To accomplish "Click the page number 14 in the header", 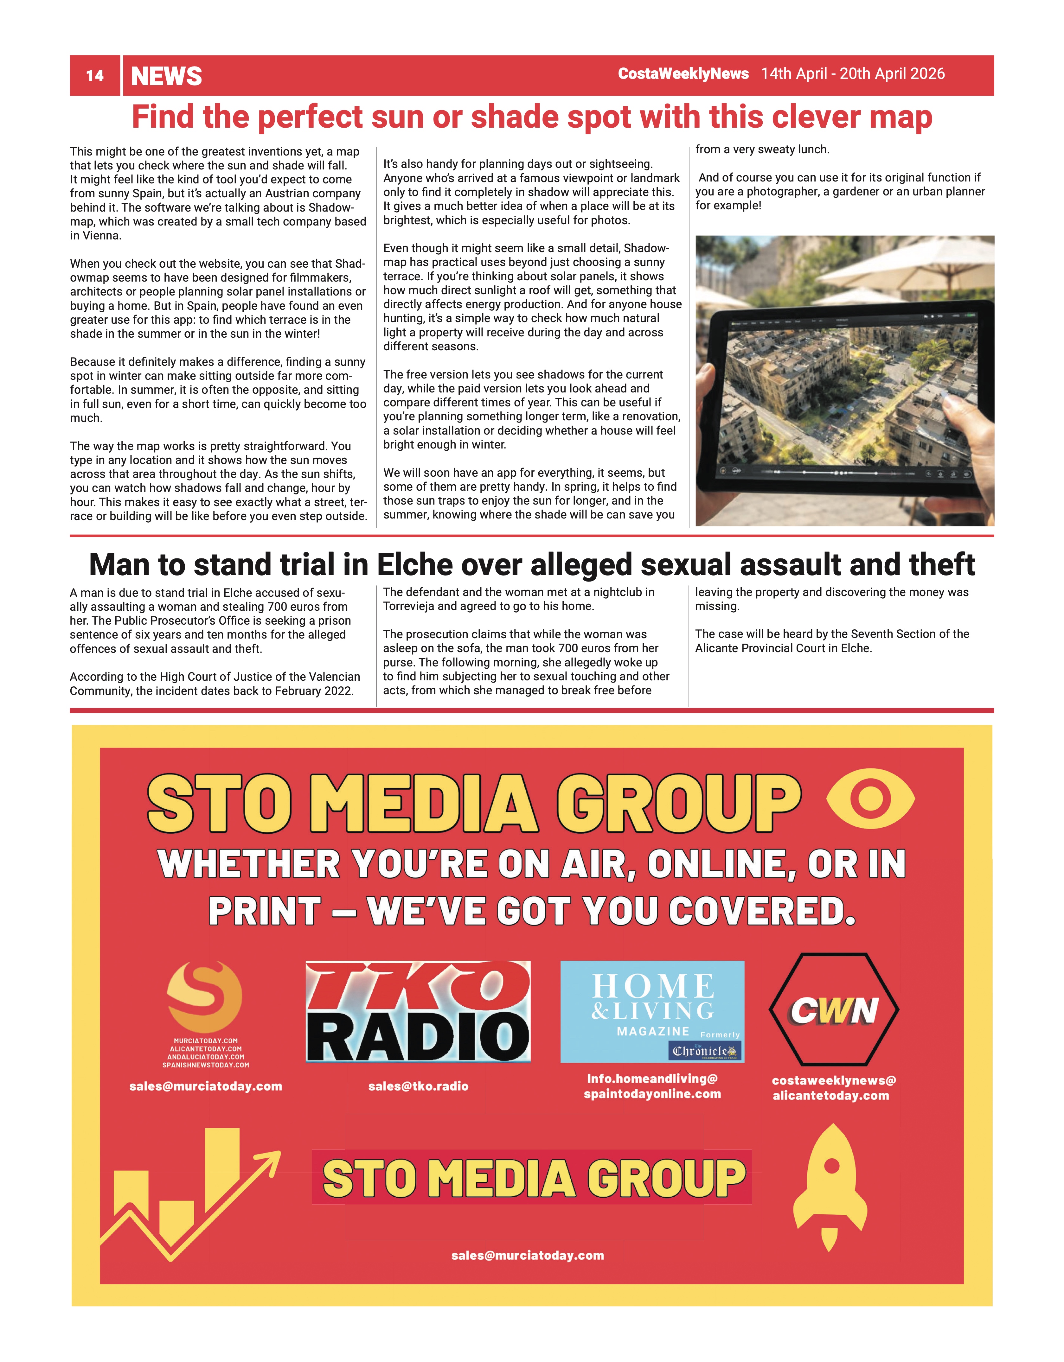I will pos(95,76).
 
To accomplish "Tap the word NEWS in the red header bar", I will pos(167,76).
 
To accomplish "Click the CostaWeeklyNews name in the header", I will pos(683,73).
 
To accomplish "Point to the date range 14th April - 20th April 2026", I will pos(853,73).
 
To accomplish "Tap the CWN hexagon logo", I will pos(834,1010).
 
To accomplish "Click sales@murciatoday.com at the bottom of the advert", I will pos(528,1255).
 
